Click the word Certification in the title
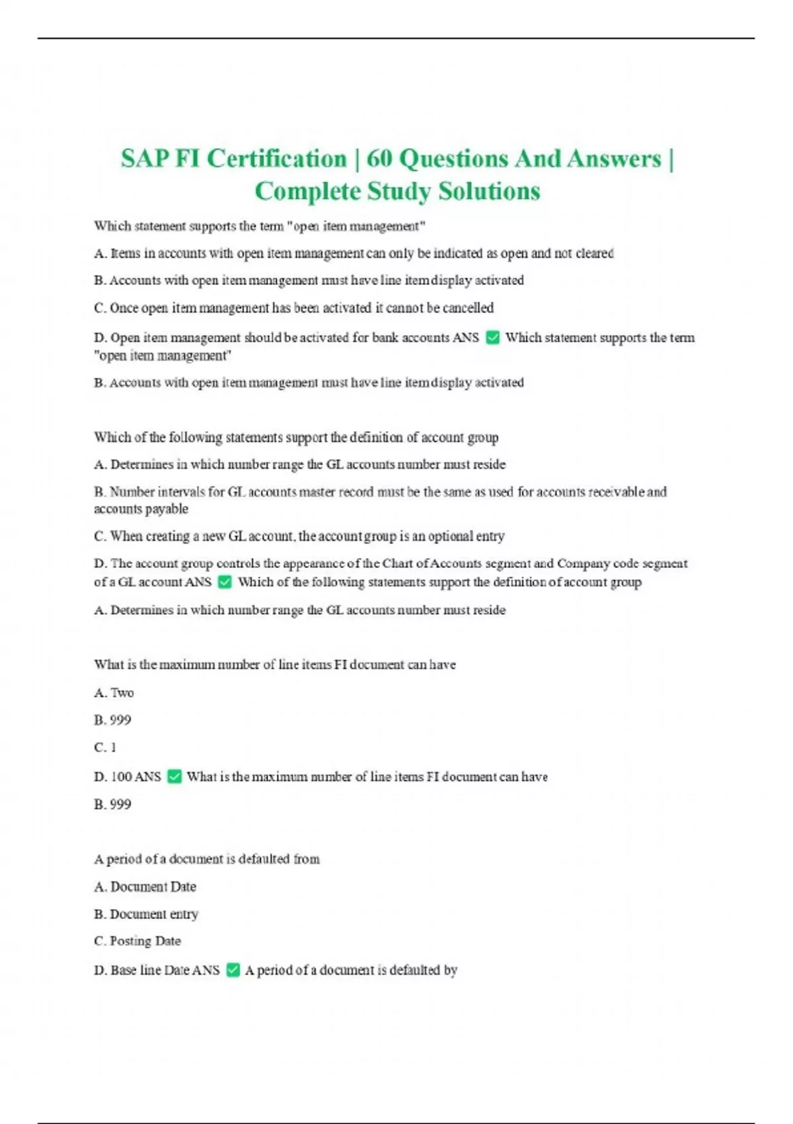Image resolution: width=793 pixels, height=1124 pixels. (x=276, y=159)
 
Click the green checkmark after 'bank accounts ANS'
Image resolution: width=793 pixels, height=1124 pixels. (x=492, y=338)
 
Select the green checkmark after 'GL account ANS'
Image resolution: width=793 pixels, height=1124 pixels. (x=225, y=582)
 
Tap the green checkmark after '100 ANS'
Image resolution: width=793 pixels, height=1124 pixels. (x=174, y=777)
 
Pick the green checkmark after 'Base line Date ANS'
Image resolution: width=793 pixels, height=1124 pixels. (x=233, y=971)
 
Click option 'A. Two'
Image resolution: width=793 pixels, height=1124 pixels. (x=114, y=693)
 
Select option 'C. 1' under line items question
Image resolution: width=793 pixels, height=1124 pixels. (x=105, y=748)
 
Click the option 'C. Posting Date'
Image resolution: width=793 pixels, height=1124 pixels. (x=137, y=941)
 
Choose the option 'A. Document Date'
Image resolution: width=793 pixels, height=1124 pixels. (x=145, y=887)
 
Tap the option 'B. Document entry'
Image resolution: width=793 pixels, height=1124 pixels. (x=146, y=914)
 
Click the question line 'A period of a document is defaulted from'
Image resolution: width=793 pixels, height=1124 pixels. (x=207, y=859)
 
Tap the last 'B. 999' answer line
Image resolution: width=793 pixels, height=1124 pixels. (x=112, y=805)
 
